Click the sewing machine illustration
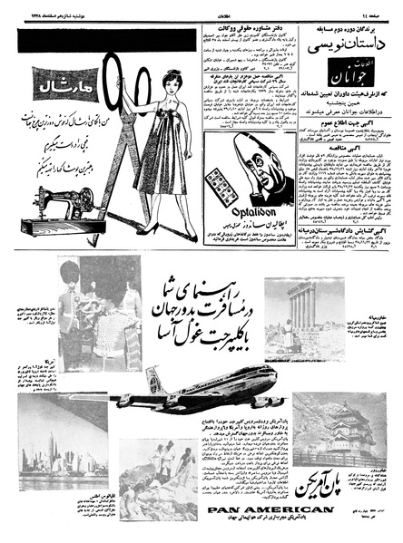coord(64,206)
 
